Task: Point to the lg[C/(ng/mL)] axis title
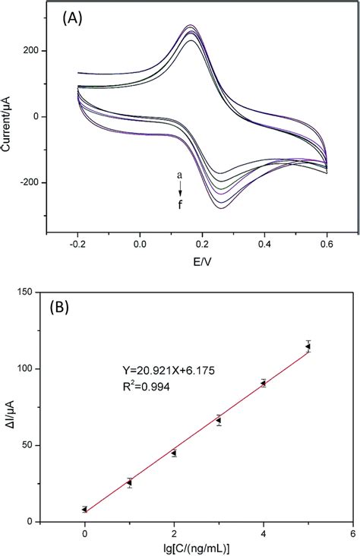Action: (217, 548)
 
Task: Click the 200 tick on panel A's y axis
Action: (32, 51)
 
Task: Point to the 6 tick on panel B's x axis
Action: (352, 534)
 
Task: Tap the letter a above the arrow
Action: (179, 175)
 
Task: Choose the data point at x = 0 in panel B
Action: (85, 510)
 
